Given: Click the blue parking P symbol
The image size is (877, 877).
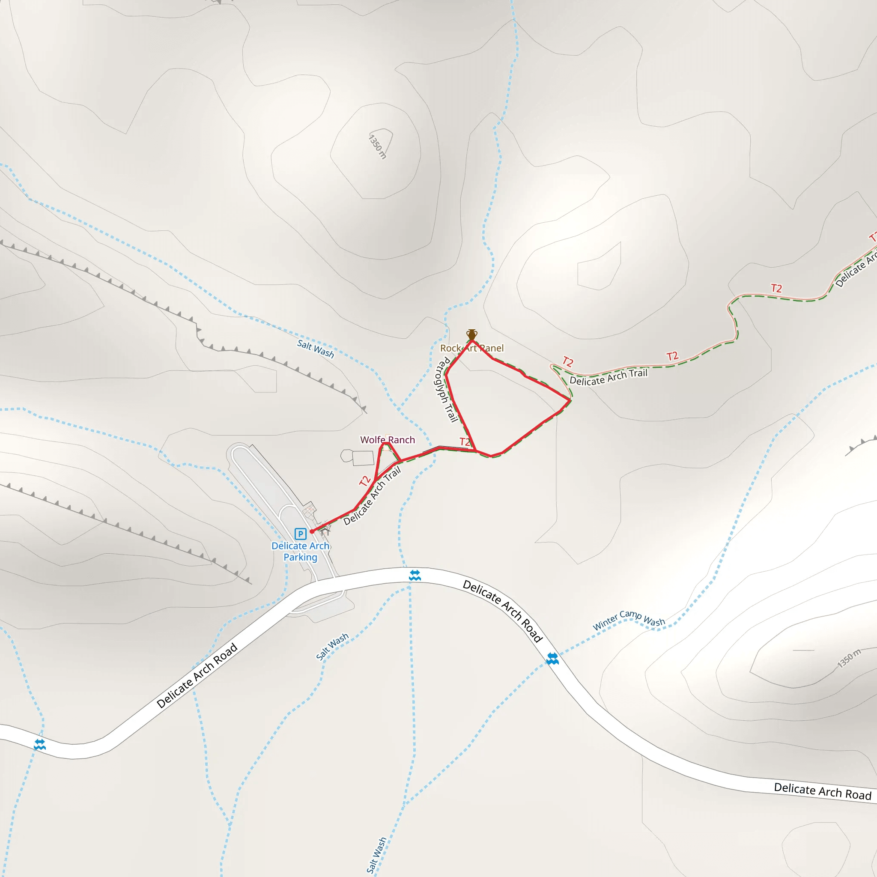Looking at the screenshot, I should click(300, 534).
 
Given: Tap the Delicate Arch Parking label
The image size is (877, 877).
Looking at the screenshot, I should click(301, 552).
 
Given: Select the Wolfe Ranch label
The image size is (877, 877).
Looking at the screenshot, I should click(387, 440).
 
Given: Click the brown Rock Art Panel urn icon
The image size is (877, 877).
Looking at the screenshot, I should click(471, 334).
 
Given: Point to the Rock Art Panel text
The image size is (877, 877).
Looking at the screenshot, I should click(471, 348).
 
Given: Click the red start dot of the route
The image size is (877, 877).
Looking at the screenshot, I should click(312, 531).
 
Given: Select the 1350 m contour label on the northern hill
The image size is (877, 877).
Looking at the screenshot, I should click(378, 146).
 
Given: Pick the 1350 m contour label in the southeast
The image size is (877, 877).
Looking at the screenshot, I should click(848, 659).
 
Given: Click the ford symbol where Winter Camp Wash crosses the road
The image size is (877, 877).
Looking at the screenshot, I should click(552, 659).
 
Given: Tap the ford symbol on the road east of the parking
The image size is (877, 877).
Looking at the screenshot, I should click(415, 576).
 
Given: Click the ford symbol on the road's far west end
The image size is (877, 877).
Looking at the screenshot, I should click(39, 744).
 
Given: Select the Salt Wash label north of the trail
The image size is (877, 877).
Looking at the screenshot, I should click(316, 349).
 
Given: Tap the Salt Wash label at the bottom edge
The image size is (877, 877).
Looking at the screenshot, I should click(376, 855).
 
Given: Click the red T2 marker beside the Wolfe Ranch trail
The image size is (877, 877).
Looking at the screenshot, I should click(364, 481).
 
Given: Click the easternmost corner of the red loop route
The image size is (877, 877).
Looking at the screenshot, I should click(570, 400).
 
